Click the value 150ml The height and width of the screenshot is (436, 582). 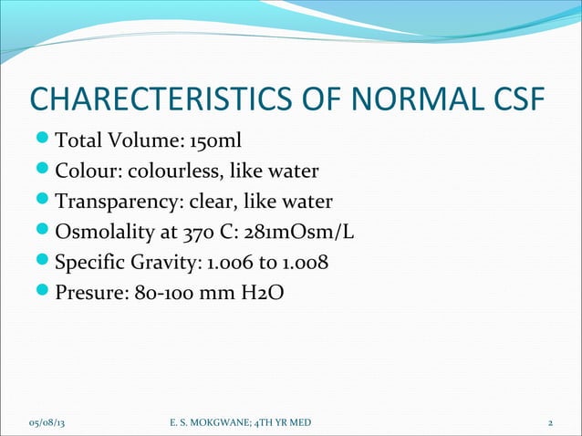pos(216,142)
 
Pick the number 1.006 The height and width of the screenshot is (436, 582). pos(231,262)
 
